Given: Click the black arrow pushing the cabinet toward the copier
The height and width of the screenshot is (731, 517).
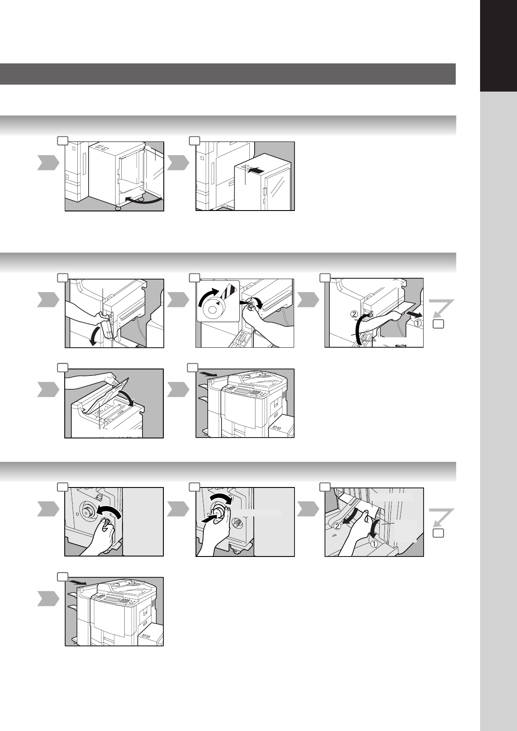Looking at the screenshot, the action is pyautogui.click(x=256, y=170).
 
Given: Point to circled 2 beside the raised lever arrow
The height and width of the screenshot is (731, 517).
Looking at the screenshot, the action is pyautogui.click(x=355, y=315).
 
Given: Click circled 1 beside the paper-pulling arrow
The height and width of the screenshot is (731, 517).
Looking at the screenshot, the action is pyautogui.click(x=417, y=323).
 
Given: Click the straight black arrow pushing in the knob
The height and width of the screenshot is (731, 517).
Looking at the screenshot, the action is pyautogui.click(x=209, y=519).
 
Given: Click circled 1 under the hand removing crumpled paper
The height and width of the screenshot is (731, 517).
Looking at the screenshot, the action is pyautogui.click(x=374, y=544).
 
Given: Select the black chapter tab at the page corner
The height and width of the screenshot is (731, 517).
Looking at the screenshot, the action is pyautogui.click(x=498, y=46).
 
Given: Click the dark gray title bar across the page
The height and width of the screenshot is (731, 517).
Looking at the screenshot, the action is pyautogui.click(x=228, y=74).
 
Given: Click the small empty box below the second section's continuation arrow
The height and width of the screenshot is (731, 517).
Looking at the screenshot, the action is pyautogui.click(x=438, y=324).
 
